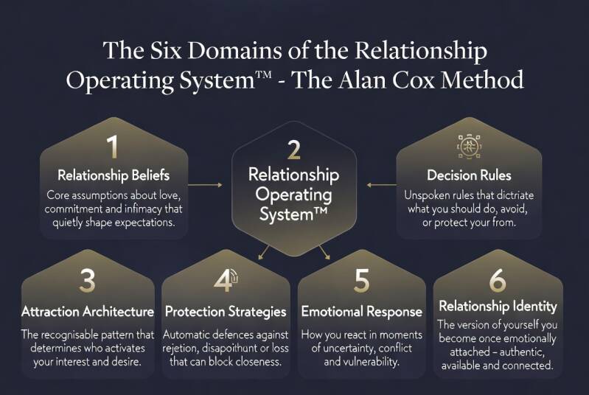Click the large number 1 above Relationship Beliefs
[x=113, y=147]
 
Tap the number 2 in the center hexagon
[x=293, y=150]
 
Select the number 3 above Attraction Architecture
[x=88, y=280]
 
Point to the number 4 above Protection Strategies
[x=224, y=280]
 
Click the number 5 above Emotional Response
[x=361, y=280]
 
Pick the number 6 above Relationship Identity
[x=498, y=280]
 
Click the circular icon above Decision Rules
[x=469, y=146]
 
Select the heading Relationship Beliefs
[x=114, y=175]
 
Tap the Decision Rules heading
[x=469, y=175]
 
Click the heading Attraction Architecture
[x=88, y=311]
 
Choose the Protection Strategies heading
[x=226, y=312]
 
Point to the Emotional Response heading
[x=361, y=312]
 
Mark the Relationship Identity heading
[x=498, y=307]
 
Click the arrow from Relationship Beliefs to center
[x=205, y=185]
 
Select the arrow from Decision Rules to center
[x=381, y=185]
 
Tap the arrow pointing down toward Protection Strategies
[x=264, y=252]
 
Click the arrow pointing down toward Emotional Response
[x=324, y=252]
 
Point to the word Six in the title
[x=166, y=50]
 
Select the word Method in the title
[x=482, y=80]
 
